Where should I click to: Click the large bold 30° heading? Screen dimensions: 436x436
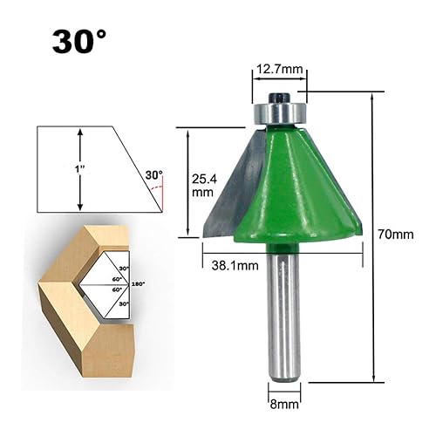[x=79, y=42]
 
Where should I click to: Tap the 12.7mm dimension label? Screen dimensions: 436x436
[x=279, y=69]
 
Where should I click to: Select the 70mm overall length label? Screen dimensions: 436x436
[x=396, y=235]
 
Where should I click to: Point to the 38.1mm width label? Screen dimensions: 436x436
[x=235, y=265]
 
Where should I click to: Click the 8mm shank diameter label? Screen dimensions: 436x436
[x=284, y=405]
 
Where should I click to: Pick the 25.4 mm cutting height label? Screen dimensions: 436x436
[x=204, y=186]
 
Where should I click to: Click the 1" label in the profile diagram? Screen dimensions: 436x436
[x=79, y=169]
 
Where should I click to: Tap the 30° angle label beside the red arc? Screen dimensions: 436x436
[x=154, y=175]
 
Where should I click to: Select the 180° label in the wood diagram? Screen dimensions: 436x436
[x=138, y=284]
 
